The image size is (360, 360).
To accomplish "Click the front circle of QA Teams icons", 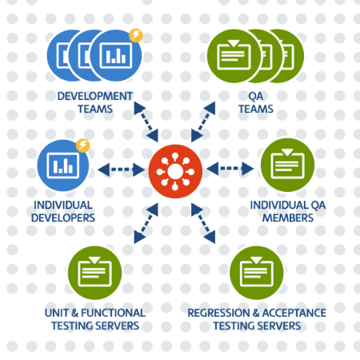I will click(234, 55).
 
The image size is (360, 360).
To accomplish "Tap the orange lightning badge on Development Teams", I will click(136, 35).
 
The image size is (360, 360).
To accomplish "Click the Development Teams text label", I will click(94, 102).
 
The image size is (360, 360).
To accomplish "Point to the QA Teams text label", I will click(255, 102).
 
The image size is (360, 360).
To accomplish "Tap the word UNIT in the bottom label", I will click(57, 313).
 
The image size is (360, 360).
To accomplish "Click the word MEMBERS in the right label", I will click(287, 216).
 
